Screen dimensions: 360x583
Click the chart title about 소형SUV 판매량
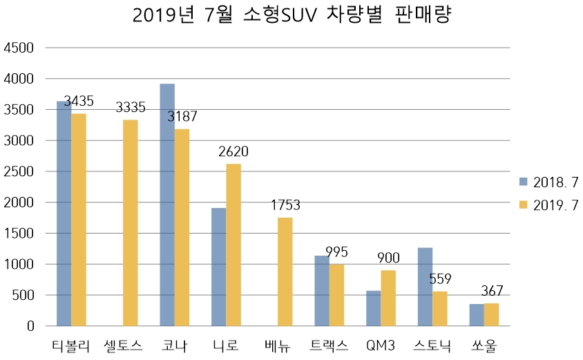coord(291,16)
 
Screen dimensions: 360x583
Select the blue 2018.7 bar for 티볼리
coord(64,214)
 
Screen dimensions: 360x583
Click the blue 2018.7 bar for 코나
coord(166,205)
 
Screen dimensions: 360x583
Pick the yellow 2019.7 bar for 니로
coord(233,245)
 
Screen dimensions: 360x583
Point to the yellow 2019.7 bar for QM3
coord(388,298)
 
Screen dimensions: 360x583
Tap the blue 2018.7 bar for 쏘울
coord(477,315)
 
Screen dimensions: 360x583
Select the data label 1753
coord(285,205)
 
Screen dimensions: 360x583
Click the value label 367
coord(491,291)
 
